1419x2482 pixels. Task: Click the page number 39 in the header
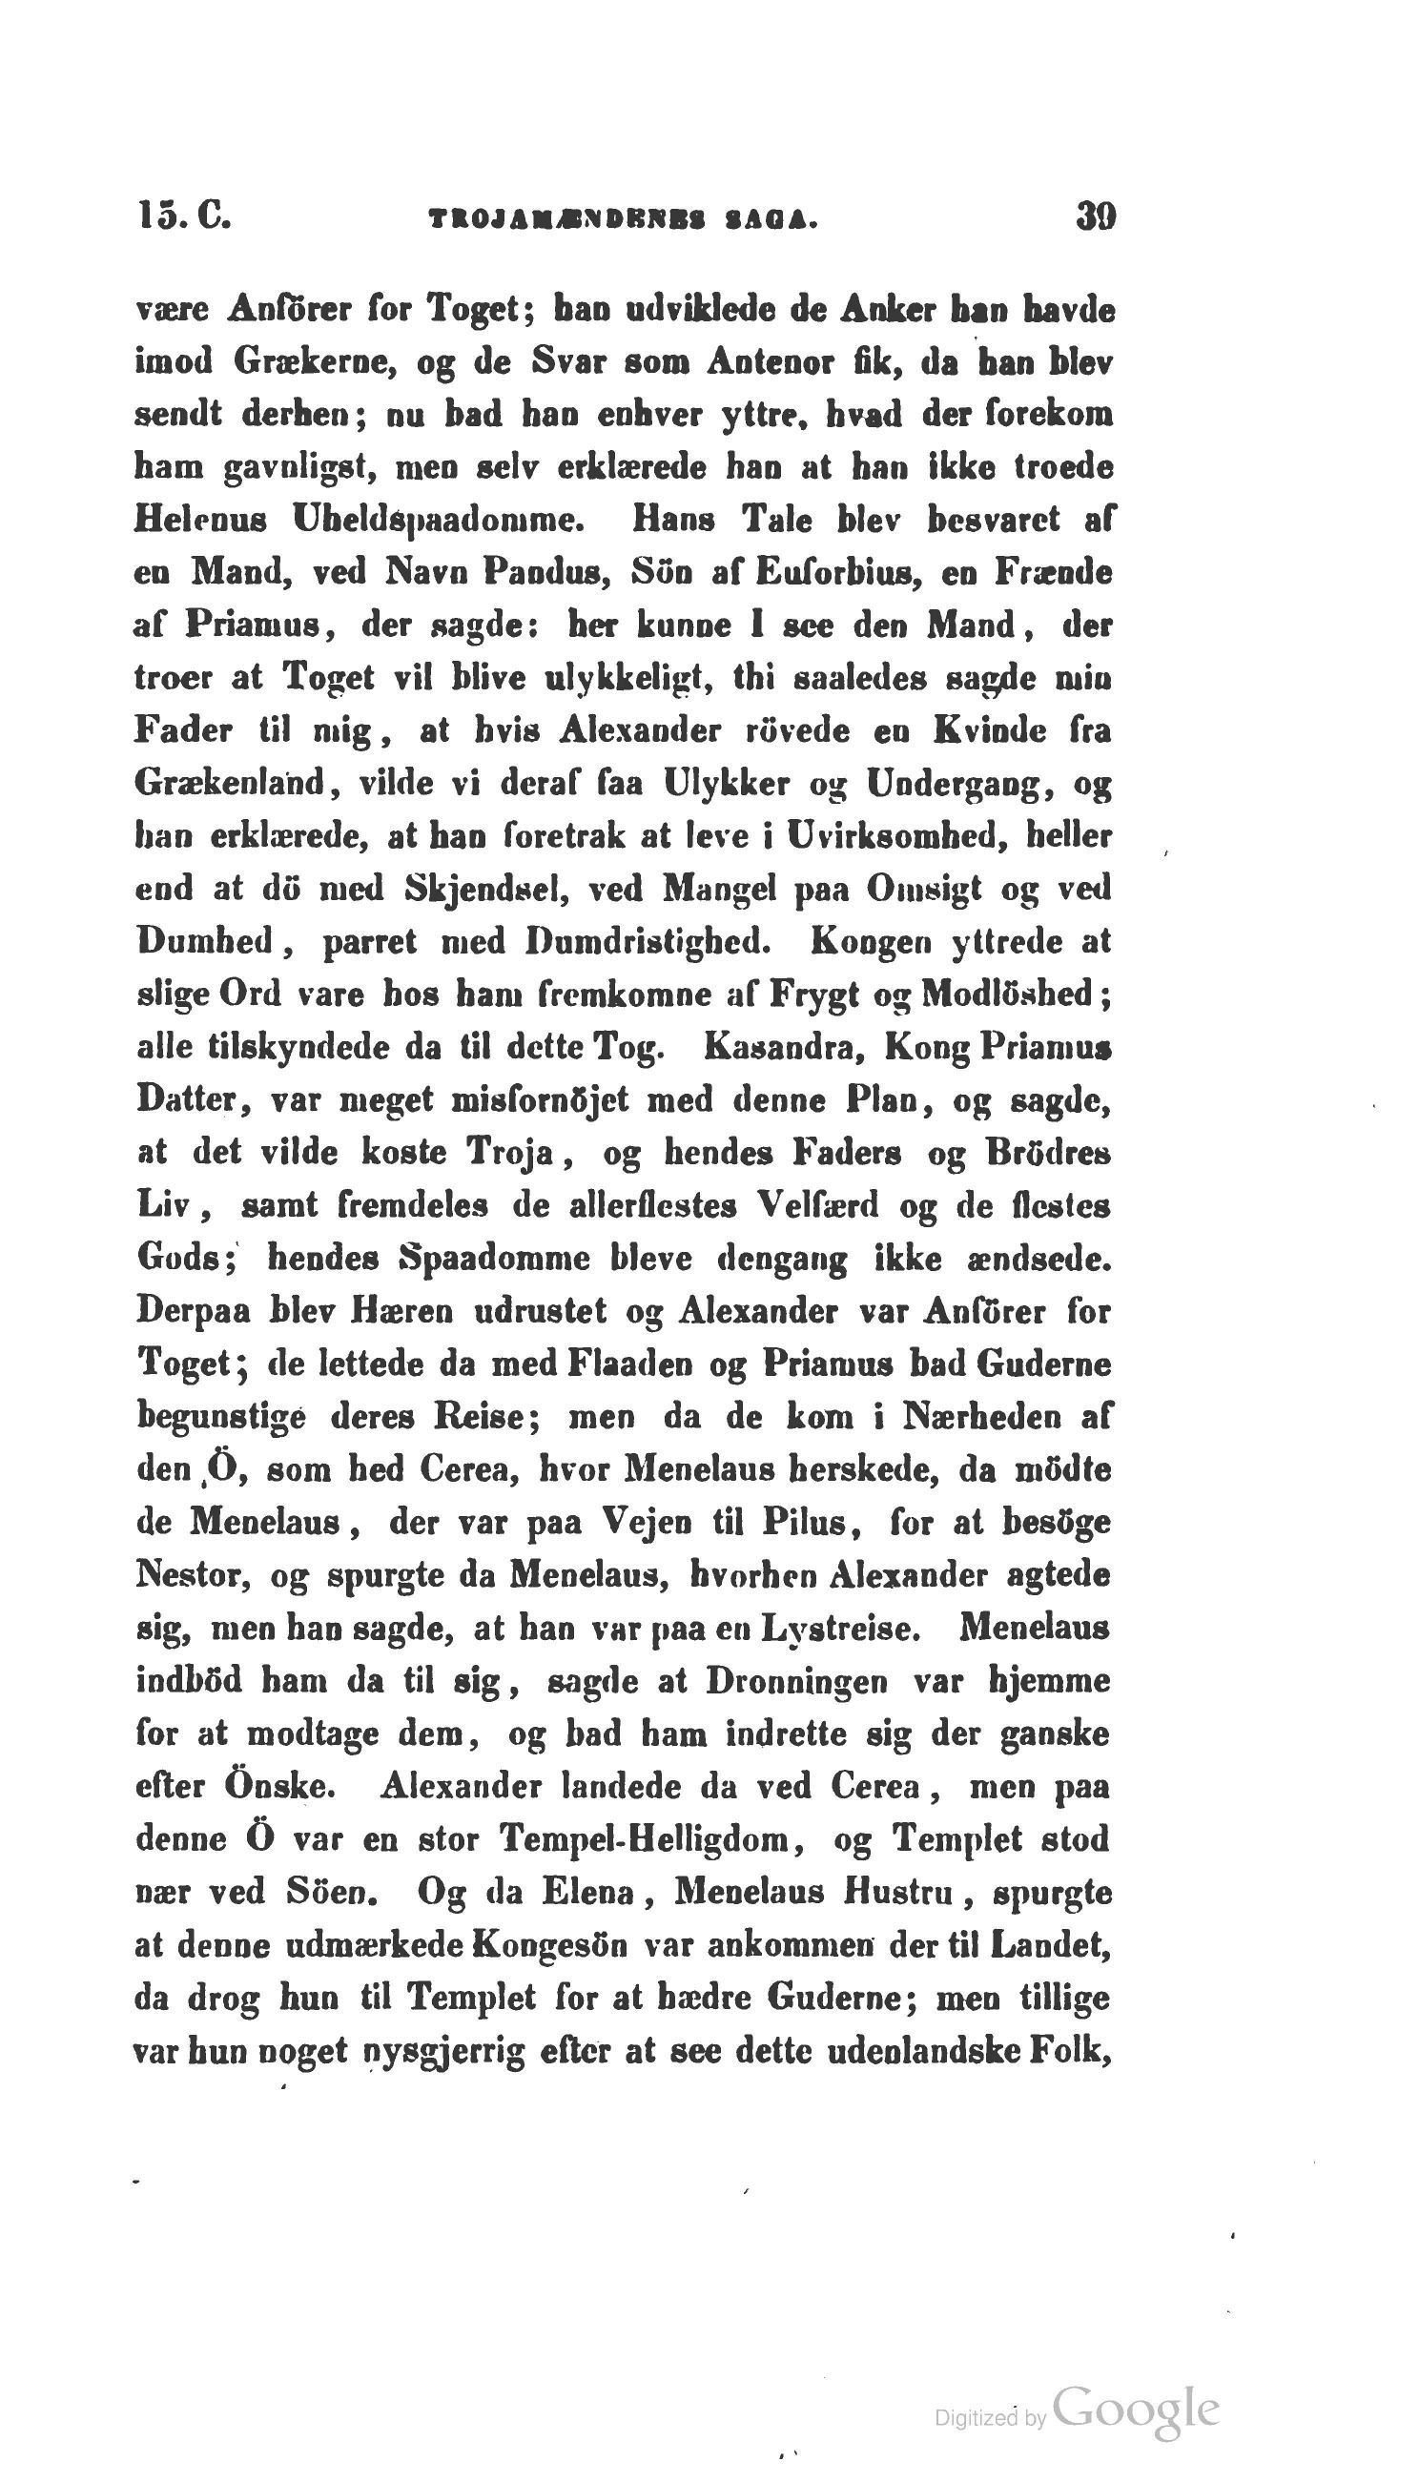1096,215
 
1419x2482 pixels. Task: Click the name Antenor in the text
756,362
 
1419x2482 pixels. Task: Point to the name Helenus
198,519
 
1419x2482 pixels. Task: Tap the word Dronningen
796,1681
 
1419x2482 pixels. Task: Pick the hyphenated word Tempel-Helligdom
651,1838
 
